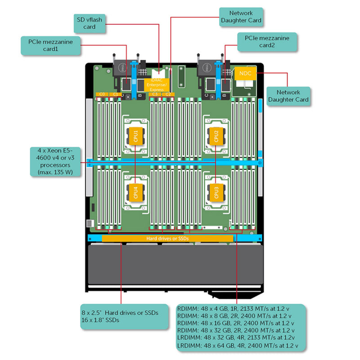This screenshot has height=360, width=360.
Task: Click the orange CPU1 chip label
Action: (x=135, y=135)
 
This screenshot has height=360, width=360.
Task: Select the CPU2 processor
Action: (x=216, y=135)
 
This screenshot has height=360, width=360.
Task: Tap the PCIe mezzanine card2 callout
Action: (x=266, y=42)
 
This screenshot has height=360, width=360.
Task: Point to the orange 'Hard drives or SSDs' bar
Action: (x=167, y=238)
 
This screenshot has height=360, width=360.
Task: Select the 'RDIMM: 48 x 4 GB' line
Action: (x=234, y=309)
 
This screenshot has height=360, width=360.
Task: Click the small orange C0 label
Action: (x=102, y=94)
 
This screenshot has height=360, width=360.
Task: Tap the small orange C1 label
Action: (x=115, y=94)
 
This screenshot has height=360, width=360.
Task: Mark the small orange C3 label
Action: (x=155, y=94)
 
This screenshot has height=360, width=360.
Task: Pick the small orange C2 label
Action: (x=167, y=94)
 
